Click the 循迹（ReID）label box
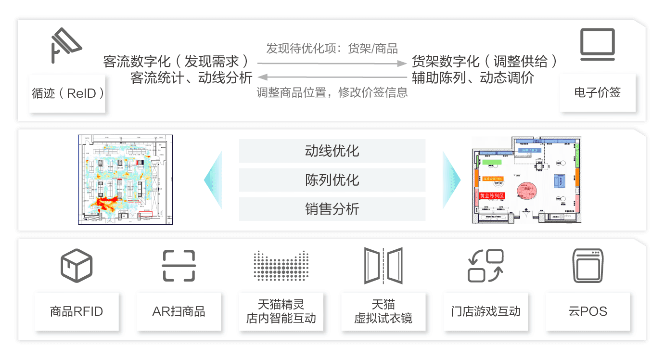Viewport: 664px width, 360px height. coord(67,93)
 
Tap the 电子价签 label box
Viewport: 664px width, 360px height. coord(598,93)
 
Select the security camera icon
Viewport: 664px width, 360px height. coord(66,45)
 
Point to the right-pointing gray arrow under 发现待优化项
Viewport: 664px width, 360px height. coord(332,63)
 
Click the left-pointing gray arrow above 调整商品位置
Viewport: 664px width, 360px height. coord(332,77)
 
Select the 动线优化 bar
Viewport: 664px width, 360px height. coord(332,151)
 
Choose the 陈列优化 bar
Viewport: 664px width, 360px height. coord(332,180)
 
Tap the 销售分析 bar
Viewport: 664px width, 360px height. coord(332,209)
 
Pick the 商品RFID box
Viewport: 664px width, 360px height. coord(77,311)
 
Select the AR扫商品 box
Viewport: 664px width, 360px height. coord(179,311)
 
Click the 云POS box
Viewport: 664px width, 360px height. coord(587,311)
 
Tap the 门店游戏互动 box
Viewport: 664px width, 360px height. coord(485,311)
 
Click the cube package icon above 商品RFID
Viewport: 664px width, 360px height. coord(77,266)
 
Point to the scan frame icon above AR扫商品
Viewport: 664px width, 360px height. coord(179,266)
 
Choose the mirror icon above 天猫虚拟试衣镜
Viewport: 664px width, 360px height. coord(383,265)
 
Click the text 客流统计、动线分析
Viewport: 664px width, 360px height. coord(191,77)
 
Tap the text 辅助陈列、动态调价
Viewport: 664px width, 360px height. coord(473,77)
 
